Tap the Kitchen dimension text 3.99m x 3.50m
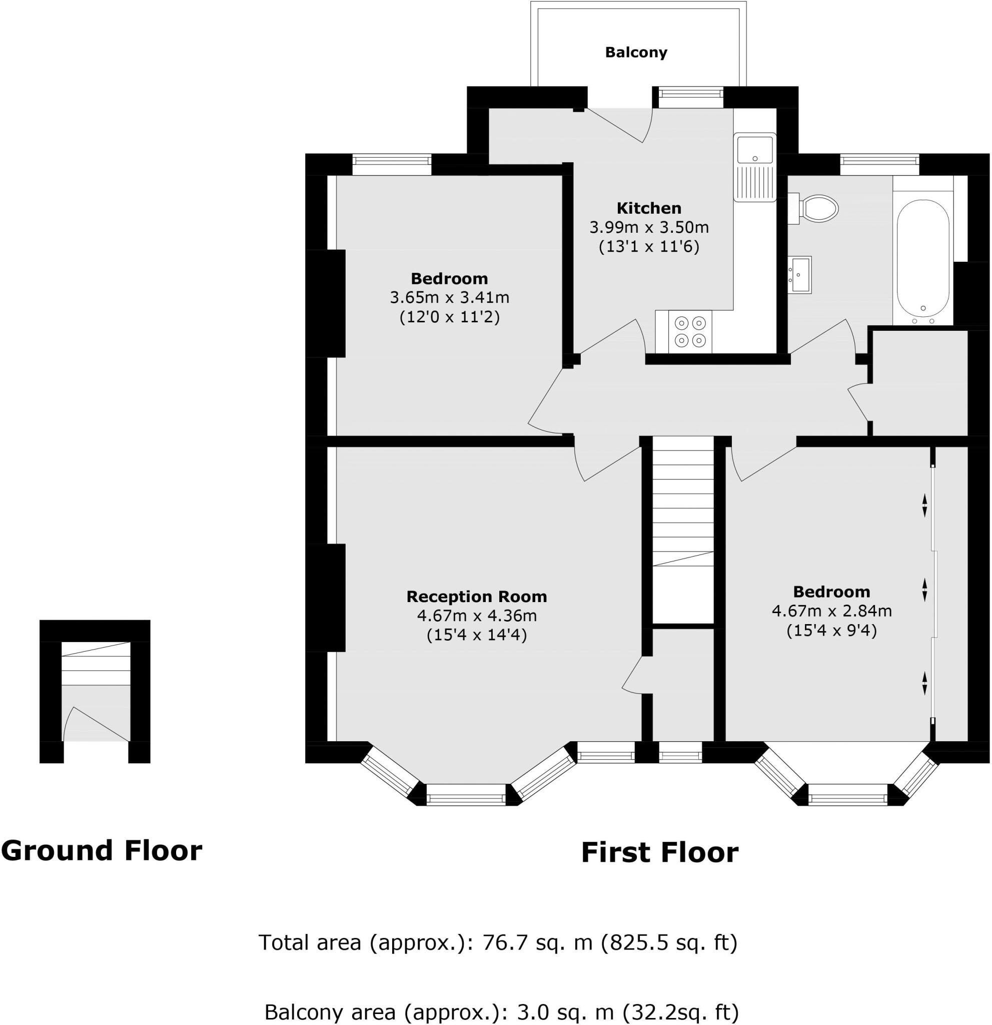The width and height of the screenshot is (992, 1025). pos(649,228)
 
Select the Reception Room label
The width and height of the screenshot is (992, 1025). pos(476,596)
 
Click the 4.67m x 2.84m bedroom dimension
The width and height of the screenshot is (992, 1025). pos(831,611)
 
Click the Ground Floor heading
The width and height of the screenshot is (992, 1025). pos(102,850)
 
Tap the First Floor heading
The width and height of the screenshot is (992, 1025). pos(660,852)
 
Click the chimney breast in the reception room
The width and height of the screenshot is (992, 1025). pos(328,597)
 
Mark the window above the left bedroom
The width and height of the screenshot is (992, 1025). pos(392,164)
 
